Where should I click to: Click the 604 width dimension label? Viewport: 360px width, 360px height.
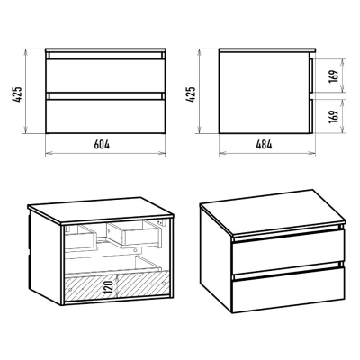(102, 145)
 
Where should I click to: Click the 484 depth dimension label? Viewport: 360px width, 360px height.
(264, 145)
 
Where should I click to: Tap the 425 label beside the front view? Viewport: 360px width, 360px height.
(17, 94)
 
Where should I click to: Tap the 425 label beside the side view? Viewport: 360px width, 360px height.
(191, 94)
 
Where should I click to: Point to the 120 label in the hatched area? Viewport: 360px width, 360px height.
(111, 287)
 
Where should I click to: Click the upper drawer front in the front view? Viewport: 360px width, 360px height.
(105, 76)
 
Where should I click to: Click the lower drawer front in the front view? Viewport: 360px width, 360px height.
(105, 116)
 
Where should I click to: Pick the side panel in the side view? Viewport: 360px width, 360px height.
(264, 93)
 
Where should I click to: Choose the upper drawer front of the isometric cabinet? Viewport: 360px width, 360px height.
(289, 251)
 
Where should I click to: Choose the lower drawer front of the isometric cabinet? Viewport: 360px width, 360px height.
(289, 290)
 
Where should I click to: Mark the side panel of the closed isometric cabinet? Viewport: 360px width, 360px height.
(216, 258)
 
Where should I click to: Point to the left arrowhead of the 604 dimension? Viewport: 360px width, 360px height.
(48, 154)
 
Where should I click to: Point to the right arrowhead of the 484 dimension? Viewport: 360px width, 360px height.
(312, 154)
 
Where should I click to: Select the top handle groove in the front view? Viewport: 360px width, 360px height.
(105, 56)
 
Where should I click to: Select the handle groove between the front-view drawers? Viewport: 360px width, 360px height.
(105, 96)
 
